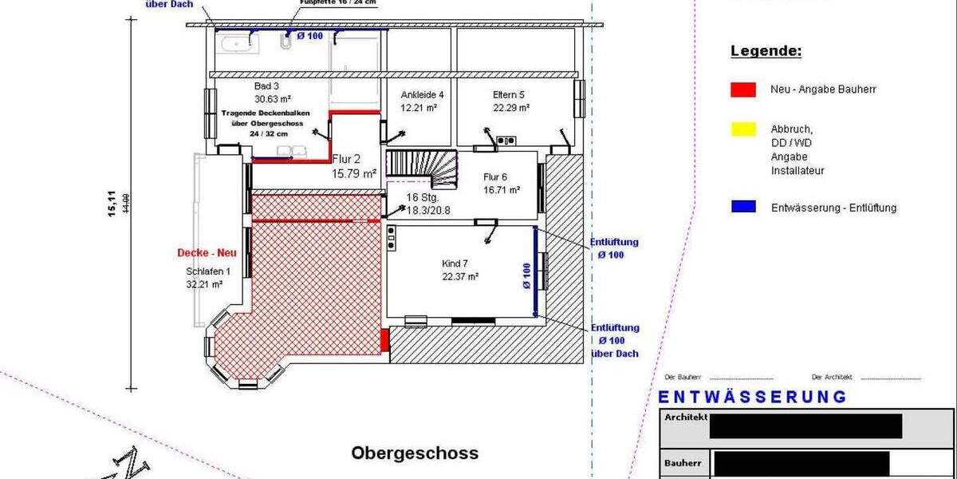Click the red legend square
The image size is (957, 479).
[x=742, y=89]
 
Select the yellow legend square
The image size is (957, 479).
[x=742, y=128]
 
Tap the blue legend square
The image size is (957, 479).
[x=742, y=207]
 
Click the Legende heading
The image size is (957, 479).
[x=766, y=52]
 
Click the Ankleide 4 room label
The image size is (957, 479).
[x=422, y=94]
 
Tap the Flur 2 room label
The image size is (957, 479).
[x=353, y=159]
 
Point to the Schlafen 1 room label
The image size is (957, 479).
[x=203, y=271]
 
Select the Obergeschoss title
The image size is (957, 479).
[x=415, y=453]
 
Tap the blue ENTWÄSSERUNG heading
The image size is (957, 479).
[x=752, y=397]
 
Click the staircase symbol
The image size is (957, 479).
[x=423, y=167]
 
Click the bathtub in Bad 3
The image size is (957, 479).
[x=240, y=42]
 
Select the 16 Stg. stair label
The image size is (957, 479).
[x=423, y=197]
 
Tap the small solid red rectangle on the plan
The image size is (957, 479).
[x=384, y=339]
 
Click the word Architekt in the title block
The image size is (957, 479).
[x=686, y=417]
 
